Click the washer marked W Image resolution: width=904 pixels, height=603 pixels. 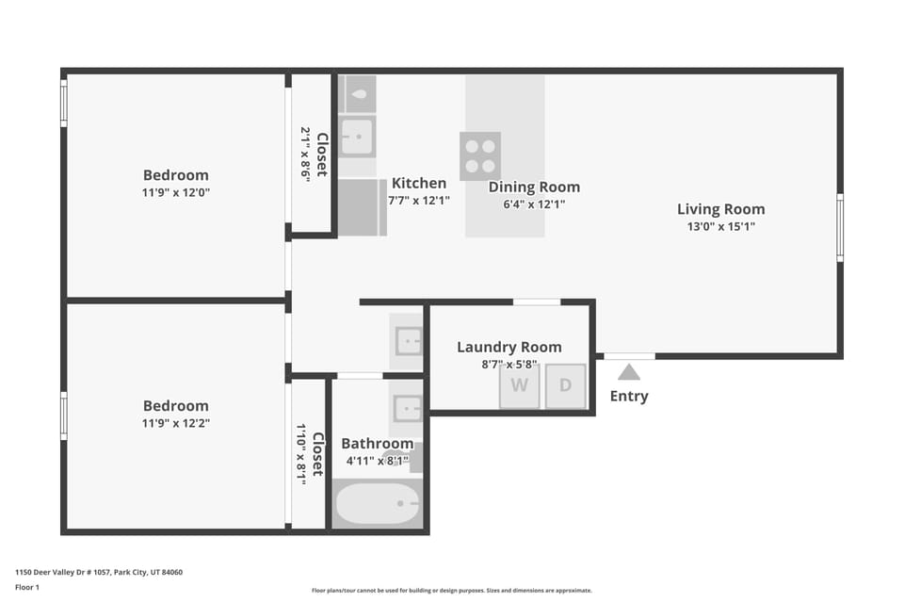coord(519,385)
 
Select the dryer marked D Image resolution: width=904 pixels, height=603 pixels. coord(565,385)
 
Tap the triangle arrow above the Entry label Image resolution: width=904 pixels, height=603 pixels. coord(629,372)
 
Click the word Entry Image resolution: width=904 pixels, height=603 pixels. coord(629,397)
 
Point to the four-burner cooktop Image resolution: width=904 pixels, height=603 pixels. coord(480,155)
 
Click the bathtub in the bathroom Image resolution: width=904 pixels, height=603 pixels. coord(378,504)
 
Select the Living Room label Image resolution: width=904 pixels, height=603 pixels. coord(721,209)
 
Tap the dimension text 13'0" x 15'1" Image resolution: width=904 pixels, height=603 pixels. coord(721,226)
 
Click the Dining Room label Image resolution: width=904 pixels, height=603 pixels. coord(534,187)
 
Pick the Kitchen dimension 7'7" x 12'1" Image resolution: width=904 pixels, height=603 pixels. coord(419,201)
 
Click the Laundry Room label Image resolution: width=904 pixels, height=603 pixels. coord(509,347)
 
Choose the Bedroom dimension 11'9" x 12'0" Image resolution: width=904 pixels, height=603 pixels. coord(176,192)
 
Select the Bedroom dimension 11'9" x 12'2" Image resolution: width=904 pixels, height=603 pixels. coord(176,423)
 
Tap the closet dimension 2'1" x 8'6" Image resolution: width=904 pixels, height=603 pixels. coord(305,155)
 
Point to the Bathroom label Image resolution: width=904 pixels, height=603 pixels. coord(377,443)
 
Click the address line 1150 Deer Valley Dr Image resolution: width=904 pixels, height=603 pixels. coord(99,572)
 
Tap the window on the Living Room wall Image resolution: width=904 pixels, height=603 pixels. coord(839,228)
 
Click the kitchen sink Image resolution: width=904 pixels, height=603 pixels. coord(357,137)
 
